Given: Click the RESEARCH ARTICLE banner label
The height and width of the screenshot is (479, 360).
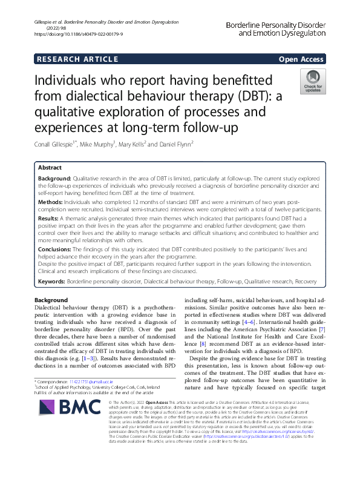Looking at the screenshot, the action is (x=77, y=59).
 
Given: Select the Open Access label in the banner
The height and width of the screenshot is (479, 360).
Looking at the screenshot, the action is (x=301, y=59).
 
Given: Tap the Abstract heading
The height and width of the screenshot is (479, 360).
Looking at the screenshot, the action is (x=50, y=168).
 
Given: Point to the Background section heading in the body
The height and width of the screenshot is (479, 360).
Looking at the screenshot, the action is (x=51, y=300).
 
